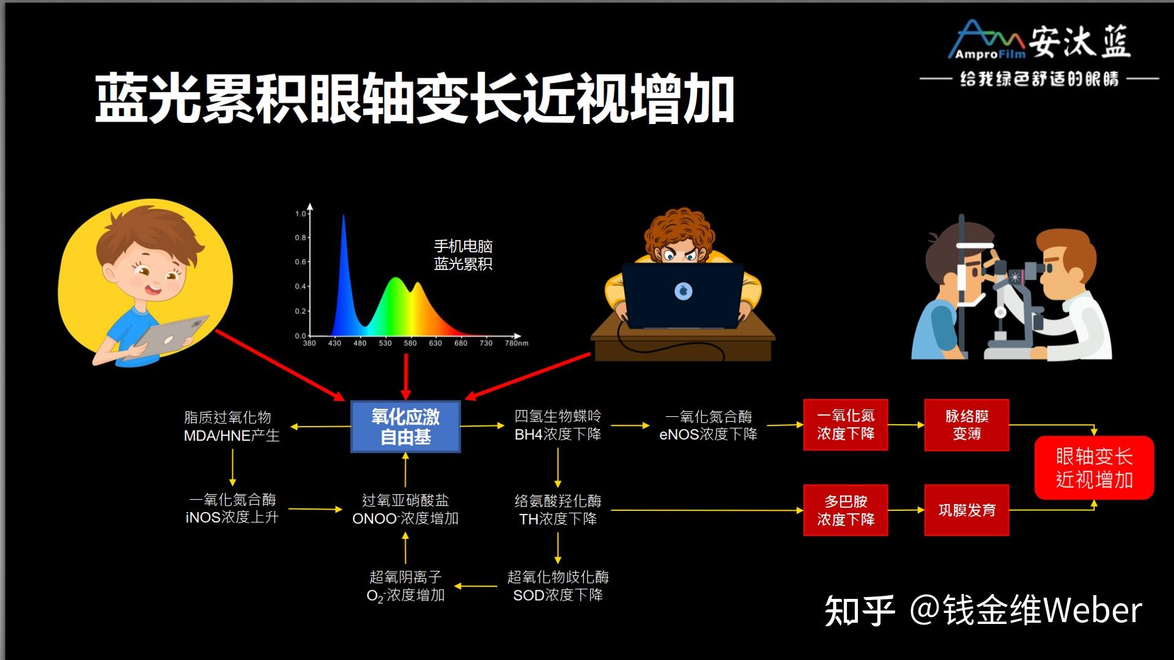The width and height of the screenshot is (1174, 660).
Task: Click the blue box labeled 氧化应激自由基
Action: (x=405, y=427)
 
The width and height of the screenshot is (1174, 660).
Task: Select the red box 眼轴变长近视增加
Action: (x=1094, y=468)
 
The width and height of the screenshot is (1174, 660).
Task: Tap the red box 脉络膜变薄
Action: (x=967, y=425)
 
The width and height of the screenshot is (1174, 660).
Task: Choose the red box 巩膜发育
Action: (x=967, y=510)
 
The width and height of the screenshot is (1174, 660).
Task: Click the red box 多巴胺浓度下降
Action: (x=846, y=510)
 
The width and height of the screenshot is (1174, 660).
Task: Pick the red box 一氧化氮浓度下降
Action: (x=846, y=425)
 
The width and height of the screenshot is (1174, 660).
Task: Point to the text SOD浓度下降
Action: (x=558, y=595)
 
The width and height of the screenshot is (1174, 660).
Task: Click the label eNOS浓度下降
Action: (x=708, y=434)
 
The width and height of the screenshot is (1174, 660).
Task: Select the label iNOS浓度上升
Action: (x=232, y=517)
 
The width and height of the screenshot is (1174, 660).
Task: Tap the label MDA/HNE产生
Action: (x=231, y=436)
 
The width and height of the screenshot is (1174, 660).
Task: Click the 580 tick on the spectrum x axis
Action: (x=410, y=343)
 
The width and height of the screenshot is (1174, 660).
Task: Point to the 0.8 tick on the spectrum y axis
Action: (x=300, y=238)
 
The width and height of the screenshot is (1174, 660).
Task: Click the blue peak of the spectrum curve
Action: (x=343, y=216)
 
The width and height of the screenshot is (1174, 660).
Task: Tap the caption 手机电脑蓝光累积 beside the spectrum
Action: (x=463, y=255)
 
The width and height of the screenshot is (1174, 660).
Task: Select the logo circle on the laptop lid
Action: (x=683, y=291)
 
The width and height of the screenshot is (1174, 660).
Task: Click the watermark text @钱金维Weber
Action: (x=1026, y=610)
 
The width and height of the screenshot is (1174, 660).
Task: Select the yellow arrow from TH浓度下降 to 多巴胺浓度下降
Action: (x=707, y=510)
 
